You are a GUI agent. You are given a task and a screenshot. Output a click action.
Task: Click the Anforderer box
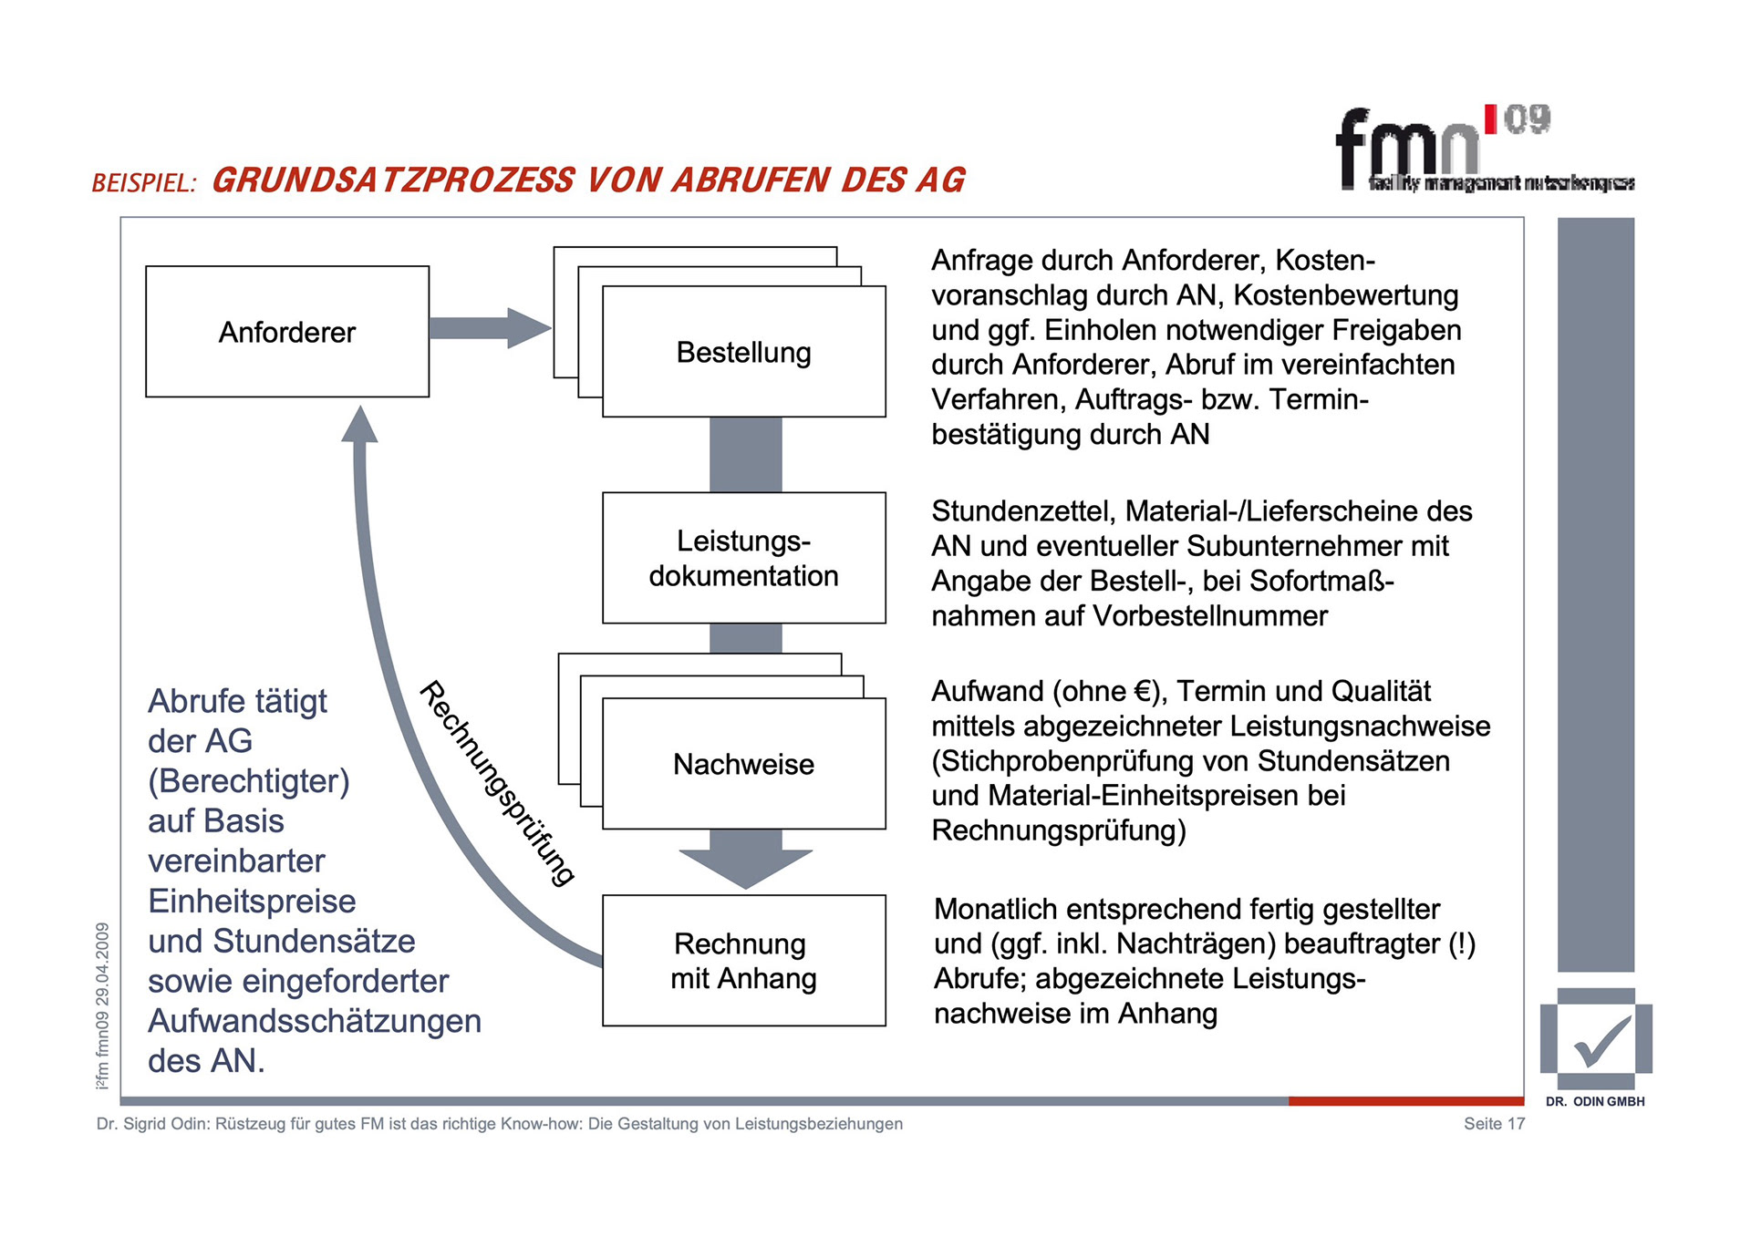286,332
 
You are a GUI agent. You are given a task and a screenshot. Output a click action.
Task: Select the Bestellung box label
743,353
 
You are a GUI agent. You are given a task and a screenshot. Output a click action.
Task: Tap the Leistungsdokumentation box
743,558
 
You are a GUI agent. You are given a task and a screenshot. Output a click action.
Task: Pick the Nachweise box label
743,764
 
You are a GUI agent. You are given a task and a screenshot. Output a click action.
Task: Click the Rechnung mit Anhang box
743,961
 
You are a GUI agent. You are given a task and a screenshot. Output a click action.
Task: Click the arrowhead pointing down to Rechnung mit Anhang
745,866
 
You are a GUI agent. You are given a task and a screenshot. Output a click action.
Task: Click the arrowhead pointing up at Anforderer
360,425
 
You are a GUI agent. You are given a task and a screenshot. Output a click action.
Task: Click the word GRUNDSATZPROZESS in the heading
393,180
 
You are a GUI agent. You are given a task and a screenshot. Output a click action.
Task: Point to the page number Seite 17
1494,1124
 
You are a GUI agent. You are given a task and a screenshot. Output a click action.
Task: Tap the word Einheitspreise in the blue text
252,902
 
